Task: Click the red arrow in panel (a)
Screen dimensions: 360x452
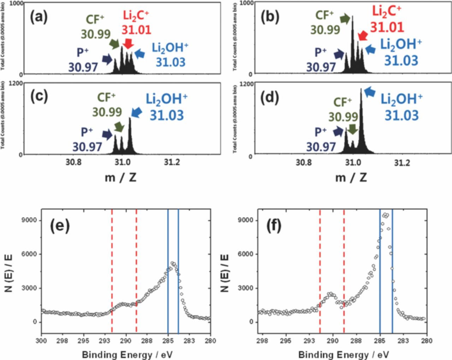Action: [128, 43]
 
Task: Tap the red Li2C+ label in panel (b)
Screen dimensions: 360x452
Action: [386, 12]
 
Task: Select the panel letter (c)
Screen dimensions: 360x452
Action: [39, 96]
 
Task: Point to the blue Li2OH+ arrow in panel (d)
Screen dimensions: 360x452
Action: [369, 92]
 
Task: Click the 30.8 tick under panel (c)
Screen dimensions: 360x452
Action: [73, 162]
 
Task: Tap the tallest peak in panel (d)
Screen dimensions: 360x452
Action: [361, 90]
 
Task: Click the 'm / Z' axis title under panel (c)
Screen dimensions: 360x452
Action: [120, 177]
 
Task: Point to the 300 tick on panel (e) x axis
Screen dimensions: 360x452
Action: [42, 341]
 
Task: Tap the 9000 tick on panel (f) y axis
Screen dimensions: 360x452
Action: [246, 220]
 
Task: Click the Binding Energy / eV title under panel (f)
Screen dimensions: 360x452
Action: [344, 354]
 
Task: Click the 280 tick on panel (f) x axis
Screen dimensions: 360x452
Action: [427, 341]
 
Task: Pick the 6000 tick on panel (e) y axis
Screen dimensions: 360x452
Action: [30, 254]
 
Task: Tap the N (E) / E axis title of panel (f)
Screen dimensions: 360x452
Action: [225, 272]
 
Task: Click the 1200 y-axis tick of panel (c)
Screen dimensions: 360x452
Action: [17, 83]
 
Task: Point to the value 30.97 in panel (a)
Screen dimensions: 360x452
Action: [83, 67]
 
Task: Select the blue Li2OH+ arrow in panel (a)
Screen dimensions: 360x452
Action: [140, 54]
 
